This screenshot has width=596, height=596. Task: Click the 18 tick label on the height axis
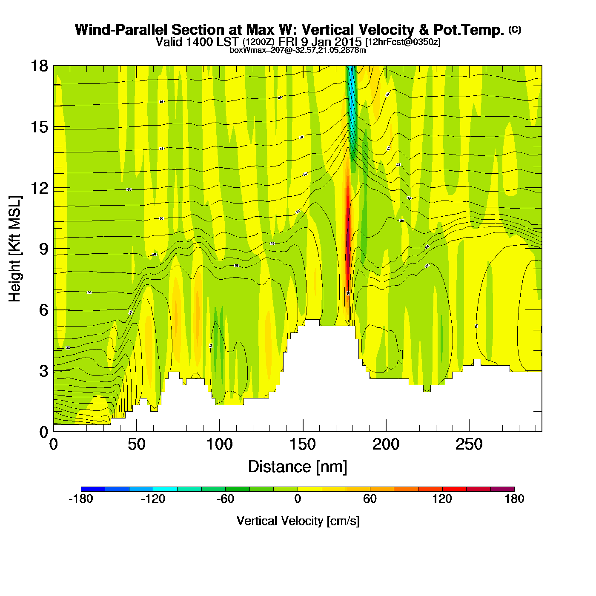[x=39, y=66]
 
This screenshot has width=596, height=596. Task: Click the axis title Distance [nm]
[x=298, y=467]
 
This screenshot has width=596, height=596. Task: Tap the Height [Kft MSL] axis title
[x=15, y=249]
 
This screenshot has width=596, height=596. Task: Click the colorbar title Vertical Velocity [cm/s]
[x=298, y=521]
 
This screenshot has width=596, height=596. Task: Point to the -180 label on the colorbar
[x=80, y=499]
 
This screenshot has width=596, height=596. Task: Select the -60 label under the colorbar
[x=225, y=499]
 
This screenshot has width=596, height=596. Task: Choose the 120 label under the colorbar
[x=442, y=499]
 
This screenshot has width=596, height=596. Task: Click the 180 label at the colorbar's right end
[x=514, y=499]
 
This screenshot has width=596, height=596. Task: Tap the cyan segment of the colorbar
[x=165, y=489]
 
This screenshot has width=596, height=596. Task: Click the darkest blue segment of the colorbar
[x=93, y=489]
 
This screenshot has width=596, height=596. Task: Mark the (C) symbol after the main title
[x=515, y=29]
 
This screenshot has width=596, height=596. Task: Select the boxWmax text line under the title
[x=298, y=50]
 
